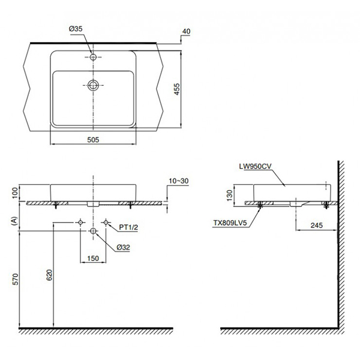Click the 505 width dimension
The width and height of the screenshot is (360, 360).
92,139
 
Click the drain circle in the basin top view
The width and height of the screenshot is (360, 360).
93,85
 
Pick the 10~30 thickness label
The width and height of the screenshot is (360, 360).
179,180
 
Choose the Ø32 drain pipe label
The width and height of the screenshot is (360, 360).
125,247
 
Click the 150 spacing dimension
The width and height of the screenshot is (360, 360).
93,258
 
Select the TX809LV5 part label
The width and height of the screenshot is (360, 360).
230,221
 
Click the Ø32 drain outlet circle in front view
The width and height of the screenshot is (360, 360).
93,231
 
